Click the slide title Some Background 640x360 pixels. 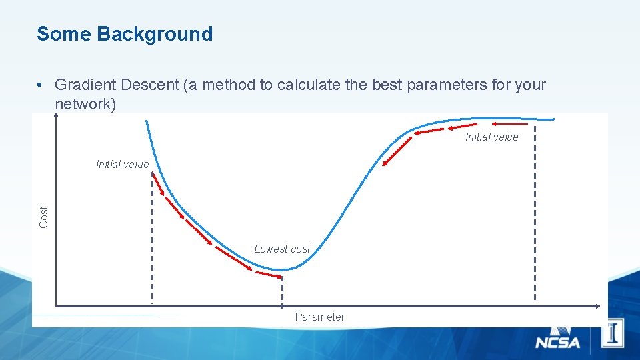click(125, 34)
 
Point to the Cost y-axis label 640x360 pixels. click(44, 217)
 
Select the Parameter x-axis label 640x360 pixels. click(320, 317)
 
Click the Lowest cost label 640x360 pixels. click(282, 249)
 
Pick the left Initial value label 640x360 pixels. click(123, 165)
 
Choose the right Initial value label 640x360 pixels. click(491, 137)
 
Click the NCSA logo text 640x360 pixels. click(557, 343)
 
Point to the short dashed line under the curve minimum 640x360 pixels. click(282, 290)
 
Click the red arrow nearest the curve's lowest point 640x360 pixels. click(269, 274)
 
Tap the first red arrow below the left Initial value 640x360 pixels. click(158, 185)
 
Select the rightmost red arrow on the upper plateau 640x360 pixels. click(510, 124)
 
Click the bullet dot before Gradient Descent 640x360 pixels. click(41, 85)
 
